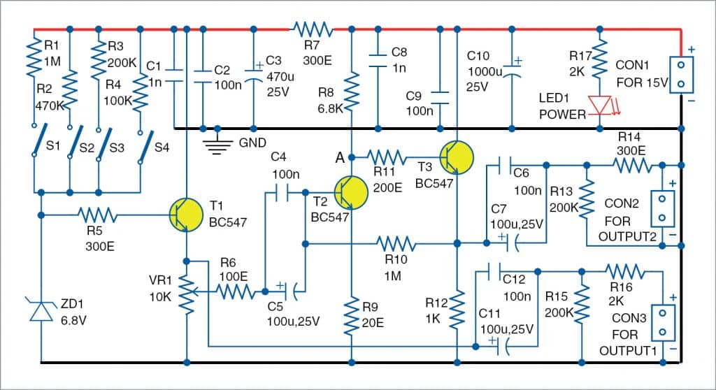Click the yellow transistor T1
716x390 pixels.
coord(186,215)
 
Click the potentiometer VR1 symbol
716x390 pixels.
coord(187,294)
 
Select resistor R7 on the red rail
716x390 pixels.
coord(312,30)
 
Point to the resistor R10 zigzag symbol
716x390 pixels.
coord(396,243)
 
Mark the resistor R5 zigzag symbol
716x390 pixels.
coord(97,215)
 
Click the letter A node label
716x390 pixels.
coord(340,159)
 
